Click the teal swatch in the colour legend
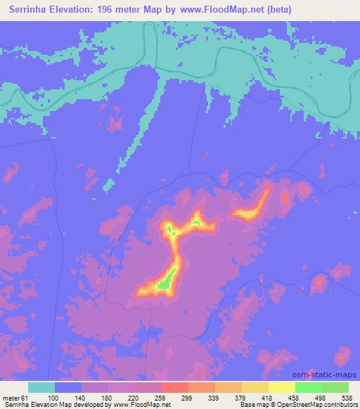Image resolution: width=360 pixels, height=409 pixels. coord(41,388)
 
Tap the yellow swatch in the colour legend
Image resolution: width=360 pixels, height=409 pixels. coord(281,388)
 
